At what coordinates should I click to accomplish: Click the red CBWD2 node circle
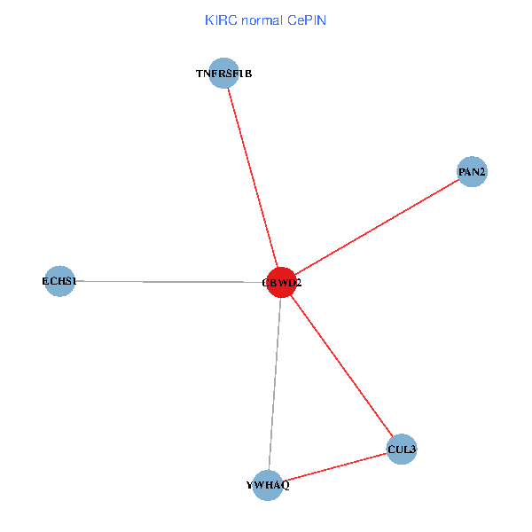point(281,282)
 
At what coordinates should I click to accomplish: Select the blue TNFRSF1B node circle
point(224,74)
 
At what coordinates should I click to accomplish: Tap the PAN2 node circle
point(473,171)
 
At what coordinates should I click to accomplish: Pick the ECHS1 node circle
point(59,281)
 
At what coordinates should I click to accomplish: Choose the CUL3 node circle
point(402,450)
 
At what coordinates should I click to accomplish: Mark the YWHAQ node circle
point(268,485)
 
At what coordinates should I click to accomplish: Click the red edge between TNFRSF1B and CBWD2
point(253,177)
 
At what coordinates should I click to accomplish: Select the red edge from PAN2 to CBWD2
point(377,226)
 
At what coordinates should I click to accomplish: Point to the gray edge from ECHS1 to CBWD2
point(168,282)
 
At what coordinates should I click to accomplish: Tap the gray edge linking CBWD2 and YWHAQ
point(275,381)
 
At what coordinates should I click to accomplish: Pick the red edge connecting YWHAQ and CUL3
point(335,467)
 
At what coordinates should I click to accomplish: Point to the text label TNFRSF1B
point(224,74)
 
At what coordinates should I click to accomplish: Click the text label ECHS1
point(59,281)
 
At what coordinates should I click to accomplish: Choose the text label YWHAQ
point(268,485)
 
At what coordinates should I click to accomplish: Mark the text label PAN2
point(473,171)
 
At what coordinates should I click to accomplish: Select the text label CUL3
point(402,450)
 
